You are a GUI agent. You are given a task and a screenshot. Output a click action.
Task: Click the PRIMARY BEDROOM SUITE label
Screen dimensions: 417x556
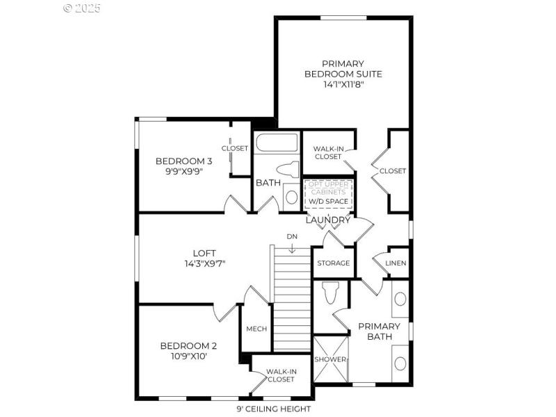343,68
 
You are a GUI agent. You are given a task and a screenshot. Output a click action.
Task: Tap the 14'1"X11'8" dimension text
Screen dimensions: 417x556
343,85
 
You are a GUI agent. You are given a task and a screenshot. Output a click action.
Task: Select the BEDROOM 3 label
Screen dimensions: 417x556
183,161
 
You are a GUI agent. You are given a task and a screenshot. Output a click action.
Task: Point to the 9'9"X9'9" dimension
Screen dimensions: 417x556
183,172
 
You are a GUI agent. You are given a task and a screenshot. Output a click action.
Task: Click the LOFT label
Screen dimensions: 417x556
204,253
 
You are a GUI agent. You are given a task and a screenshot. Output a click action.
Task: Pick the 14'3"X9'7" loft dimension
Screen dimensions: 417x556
204,264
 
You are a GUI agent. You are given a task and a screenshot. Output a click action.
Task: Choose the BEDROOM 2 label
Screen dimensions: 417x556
188,345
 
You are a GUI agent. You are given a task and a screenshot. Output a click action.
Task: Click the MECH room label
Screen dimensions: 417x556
256,329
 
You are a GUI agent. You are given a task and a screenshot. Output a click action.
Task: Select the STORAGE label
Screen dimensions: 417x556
334,263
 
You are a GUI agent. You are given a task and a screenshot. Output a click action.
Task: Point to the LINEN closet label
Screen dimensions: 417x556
395,263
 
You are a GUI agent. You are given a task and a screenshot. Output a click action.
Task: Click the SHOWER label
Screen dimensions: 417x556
330,359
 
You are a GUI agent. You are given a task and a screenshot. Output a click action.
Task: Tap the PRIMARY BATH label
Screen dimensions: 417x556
379,332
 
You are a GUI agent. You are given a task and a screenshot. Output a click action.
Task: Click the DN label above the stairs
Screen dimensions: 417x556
292,237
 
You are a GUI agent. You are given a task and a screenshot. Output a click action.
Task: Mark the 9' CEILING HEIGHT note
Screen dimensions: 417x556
273,409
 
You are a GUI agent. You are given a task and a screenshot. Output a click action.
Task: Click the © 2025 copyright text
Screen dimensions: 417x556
82,8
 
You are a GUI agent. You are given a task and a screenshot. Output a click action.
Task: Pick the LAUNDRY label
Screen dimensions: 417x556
328,220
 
